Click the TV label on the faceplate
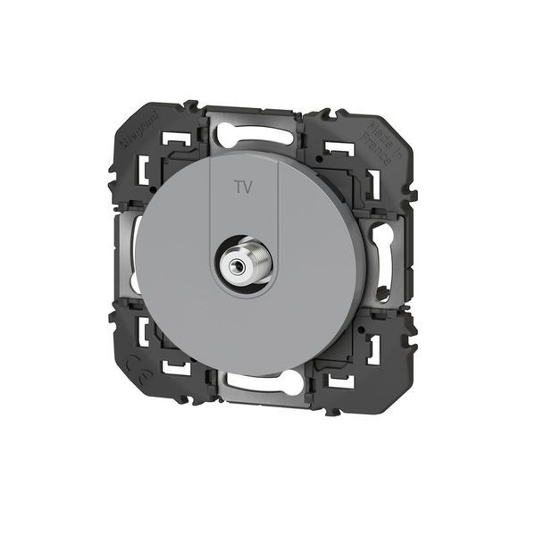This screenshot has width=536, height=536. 242,189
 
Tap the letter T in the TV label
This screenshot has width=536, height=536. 237,189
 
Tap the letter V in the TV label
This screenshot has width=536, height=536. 247,189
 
